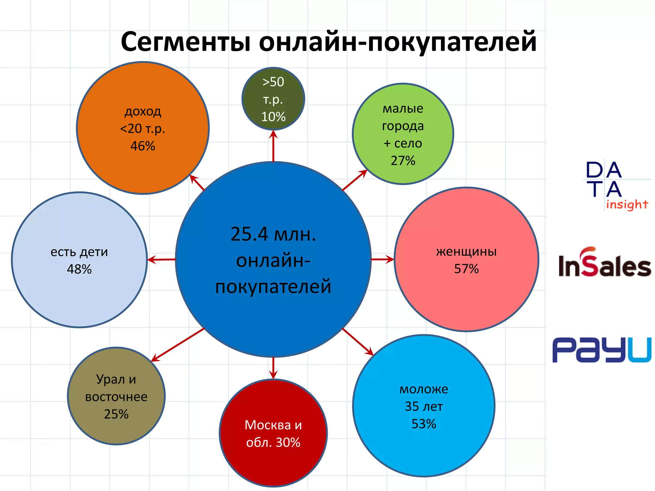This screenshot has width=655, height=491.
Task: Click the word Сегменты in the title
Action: click(x=185, y=42)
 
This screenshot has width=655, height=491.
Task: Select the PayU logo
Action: click(x=601, y=350)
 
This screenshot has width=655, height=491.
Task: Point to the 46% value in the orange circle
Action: click(x=143, y=146)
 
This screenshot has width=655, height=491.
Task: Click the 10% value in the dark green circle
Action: click(x=273, y=117)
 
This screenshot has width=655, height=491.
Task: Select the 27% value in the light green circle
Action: click(x=403, y=160)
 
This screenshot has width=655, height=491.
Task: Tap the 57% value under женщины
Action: click(x=466, y=269)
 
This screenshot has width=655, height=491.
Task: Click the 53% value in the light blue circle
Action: click(x=423, y=424)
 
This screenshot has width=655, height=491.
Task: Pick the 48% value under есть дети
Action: click(x=79, y=269)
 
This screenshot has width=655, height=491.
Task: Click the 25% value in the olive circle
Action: click(x=116, y=414)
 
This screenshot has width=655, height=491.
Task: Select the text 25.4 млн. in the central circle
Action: click(x=273, y=234)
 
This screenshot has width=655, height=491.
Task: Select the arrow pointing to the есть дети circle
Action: click(x=162, y=260)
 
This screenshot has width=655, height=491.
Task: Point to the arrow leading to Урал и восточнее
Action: click(x=178, y=345)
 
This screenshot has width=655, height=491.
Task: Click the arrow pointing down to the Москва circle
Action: click(x=273, y=368)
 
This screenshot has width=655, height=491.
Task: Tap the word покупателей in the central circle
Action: click(x=273, y=286)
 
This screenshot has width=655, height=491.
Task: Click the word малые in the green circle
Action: click(x=403, y=109)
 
